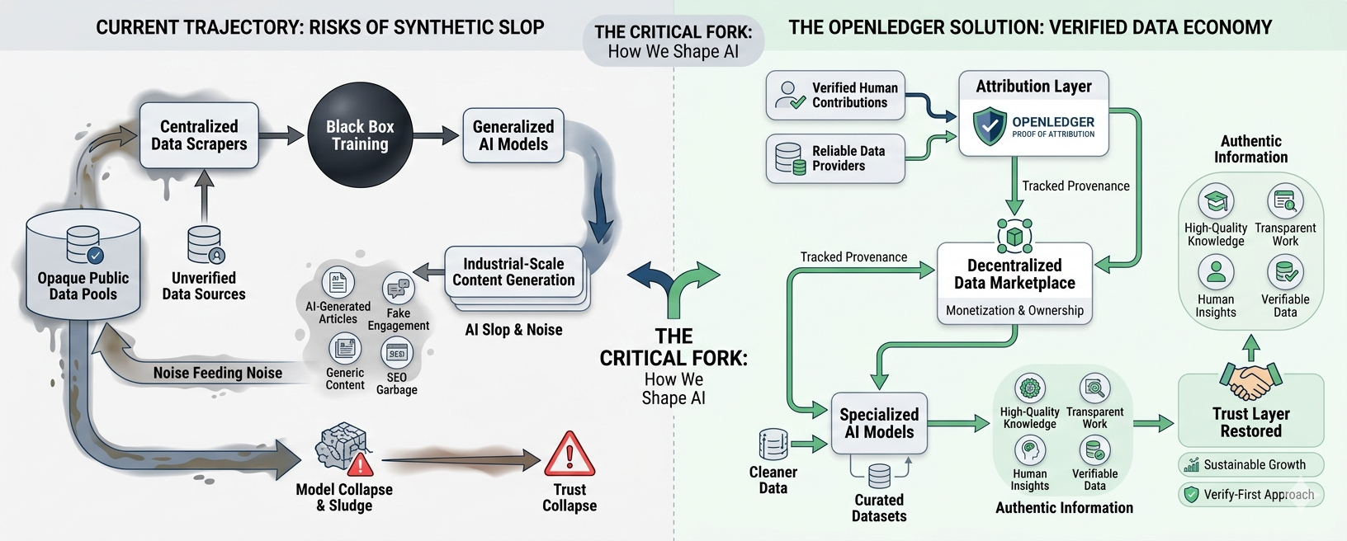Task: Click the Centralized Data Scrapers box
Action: (x=199, y=135)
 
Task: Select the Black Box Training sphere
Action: (x=360, y=135)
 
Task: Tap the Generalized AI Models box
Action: (x=513, y=135)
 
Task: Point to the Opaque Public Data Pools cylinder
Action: (x=83, y=265)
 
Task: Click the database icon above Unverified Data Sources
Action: (x=205, y=245)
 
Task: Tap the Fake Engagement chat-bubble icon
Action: (x=399, y=288)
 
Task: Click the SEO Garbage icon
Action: (x=397, y=354)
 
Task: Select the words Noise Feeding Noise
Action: (x=218, y=374)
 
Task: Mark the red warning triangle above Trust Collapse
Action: (x=570, y=454)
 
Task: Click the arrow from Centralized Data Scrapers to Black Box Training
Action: (x=281, y=136)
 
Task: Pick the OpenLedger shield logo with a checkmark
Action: (x=990, y=126)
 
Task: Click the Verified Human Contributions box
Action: (x=835, y=96)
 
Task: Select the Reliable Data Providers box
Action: (x=835, y=158)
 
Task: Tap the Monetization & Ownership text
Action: (x=1015, y=311)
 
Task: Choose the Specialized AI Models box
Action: (x=879, y=423)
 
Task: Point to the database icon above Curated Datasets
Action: (x=879, y=476)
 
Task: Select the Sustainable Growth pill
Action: (x=1250, y=464)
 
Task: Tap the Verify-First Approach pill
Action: (x=1250, y=495)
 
